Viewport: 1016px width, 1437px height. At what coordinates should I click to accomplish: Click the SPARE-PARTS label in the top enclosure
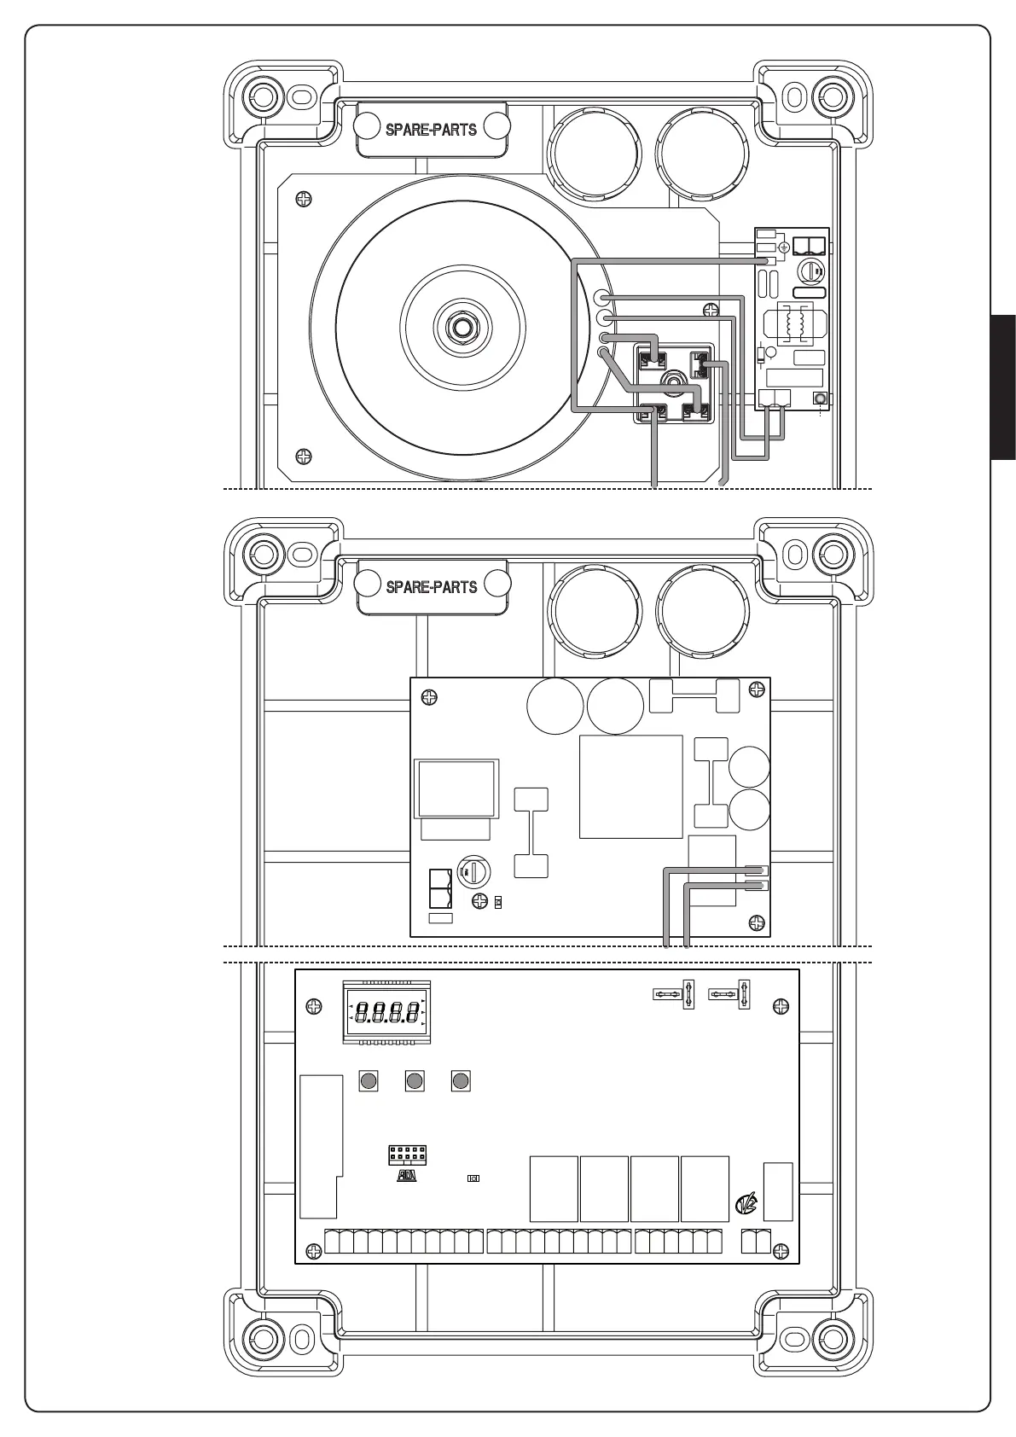point(431,130)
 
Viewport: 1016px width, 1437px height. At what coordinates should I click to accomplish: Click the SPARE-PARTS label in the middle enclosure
point(431,587)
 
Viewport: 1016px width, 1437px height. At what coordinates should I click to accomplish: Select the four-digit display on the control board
point(386,1013)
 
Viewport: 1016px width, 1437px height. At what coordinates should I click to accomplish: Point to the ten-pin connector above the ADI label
point(407,1155)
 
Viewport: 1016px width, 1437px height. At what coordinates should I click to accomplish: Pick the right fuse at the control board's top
point(731,994)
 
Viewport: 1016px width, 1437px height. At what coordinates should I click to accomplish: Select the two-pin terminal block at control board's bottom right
point(756,1241)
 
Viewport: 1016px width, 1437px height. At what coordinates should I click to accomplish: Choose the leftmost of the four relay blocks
point(554,1189)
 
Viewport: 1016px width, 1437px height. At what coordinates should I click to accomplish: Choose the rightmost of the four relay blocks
point(705,1189)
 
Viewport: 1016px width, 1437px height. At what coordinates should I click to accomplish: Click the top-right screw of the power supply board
point(753,689)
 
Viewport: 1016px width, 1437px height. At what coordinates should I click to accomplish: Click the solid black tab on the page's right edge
point(1003,387)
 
